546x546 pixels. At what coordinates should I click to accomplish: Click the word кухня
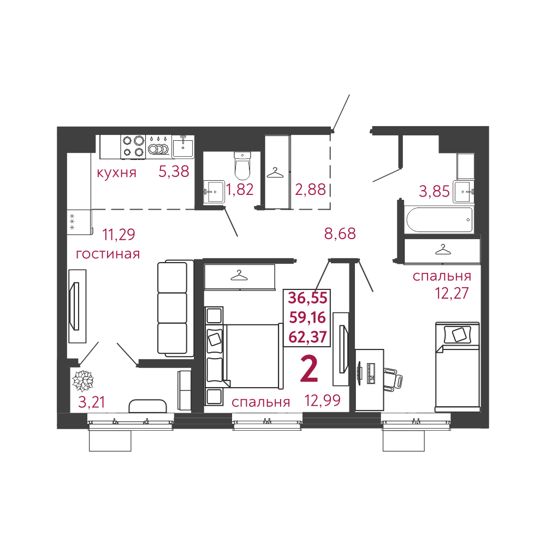coord(116,173)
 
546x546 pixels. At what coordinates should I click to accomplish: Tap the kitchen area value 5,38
coord(174,171)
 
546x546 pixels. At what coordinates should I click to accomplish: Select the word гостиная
coord(108,254)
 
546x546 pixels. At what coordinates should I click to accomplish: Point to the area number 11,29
coord(118,234)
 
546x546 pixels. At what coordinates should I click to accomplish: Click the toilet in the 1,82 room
coord(242,165)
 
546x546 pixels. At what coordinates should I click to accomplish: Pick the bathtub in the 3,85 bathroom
coord(440,219)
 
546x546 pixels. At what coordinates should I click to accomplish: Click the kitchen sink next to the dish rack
coord(183,146)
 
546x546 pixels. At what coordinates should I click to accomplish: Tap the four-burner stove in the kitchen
coord(133,147)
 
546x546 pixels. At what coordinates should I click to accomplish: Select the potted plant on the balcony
coord(83,381)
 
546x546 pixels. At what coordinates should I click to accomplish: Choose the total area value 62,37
coord(307,337)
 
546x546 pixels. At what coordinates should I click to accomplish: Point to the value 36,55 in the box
coord(308,298)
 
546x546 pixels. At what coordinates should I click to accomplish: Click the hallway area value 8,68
coord(340,234)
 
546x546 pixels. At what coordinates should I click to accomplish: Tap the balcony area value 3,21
coord(92,402)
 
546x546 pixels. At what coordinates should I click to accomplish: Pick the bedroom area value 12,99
coord(323,401)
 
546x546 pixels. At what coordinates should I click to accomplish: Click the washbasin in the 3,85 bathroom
coord(464,192)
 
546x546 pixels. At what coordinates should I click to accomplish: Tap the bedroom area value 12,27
coord(452,293)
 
